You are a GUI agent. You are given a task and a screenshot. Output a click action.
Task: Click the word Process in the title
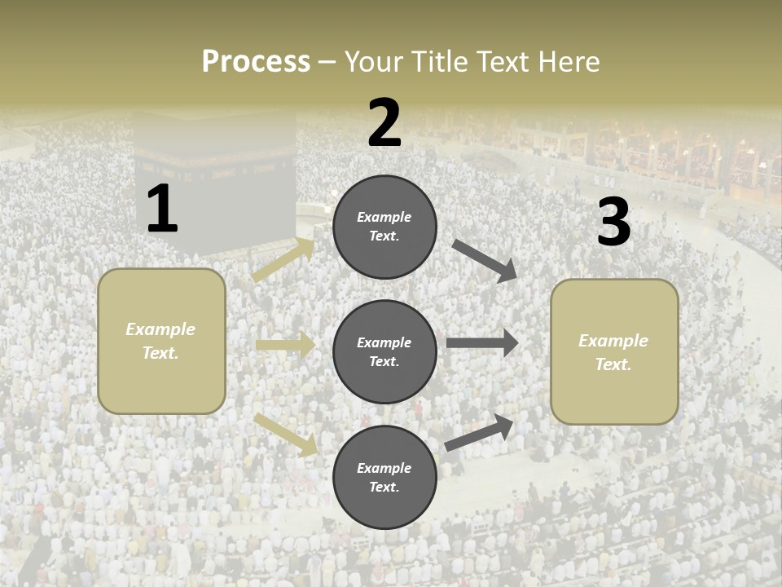click(256, 61)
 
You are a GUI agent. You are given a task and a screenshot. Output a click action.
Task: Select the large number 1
click(162, 210)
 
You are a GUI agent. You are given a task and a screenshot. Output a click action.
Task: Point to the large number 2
click(384, 123)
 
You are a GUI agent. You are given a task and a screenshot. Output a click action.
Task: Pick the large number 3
click(613, 223)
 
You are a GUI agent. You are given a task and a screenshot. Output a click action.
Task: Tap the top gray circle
click(384, 227)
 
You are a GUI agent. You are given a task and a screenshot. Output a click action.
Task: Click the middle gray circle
click(384, 352)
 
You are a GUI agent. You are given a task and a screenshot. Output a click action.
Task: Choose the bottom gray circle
click(384, 478)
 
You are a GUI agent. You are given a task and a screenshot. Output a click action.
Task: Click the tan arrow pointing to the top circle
click(283, 260)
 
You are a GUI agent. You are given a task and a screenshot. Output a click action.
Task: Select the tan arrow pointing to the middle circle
click(285, 345)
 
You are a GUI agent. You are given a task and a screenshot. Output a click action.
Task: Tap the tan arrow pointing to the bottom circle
click(286, 434)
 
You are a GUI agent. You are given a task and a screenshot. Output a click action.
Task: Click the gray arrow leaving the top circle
click(485, 261)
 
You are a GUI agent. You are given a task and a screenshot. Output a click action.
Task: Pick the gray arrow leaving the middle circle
click(482, 343)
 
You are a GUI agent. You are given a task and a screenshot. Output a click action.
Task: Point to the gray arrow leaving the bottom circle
click(479, 433)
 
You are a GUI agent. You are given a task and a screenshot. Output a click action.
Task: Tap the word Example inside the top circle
click(384, 217)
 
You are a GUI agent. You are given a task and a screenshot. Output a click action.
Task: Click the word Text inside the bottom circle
click(383, 488)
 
